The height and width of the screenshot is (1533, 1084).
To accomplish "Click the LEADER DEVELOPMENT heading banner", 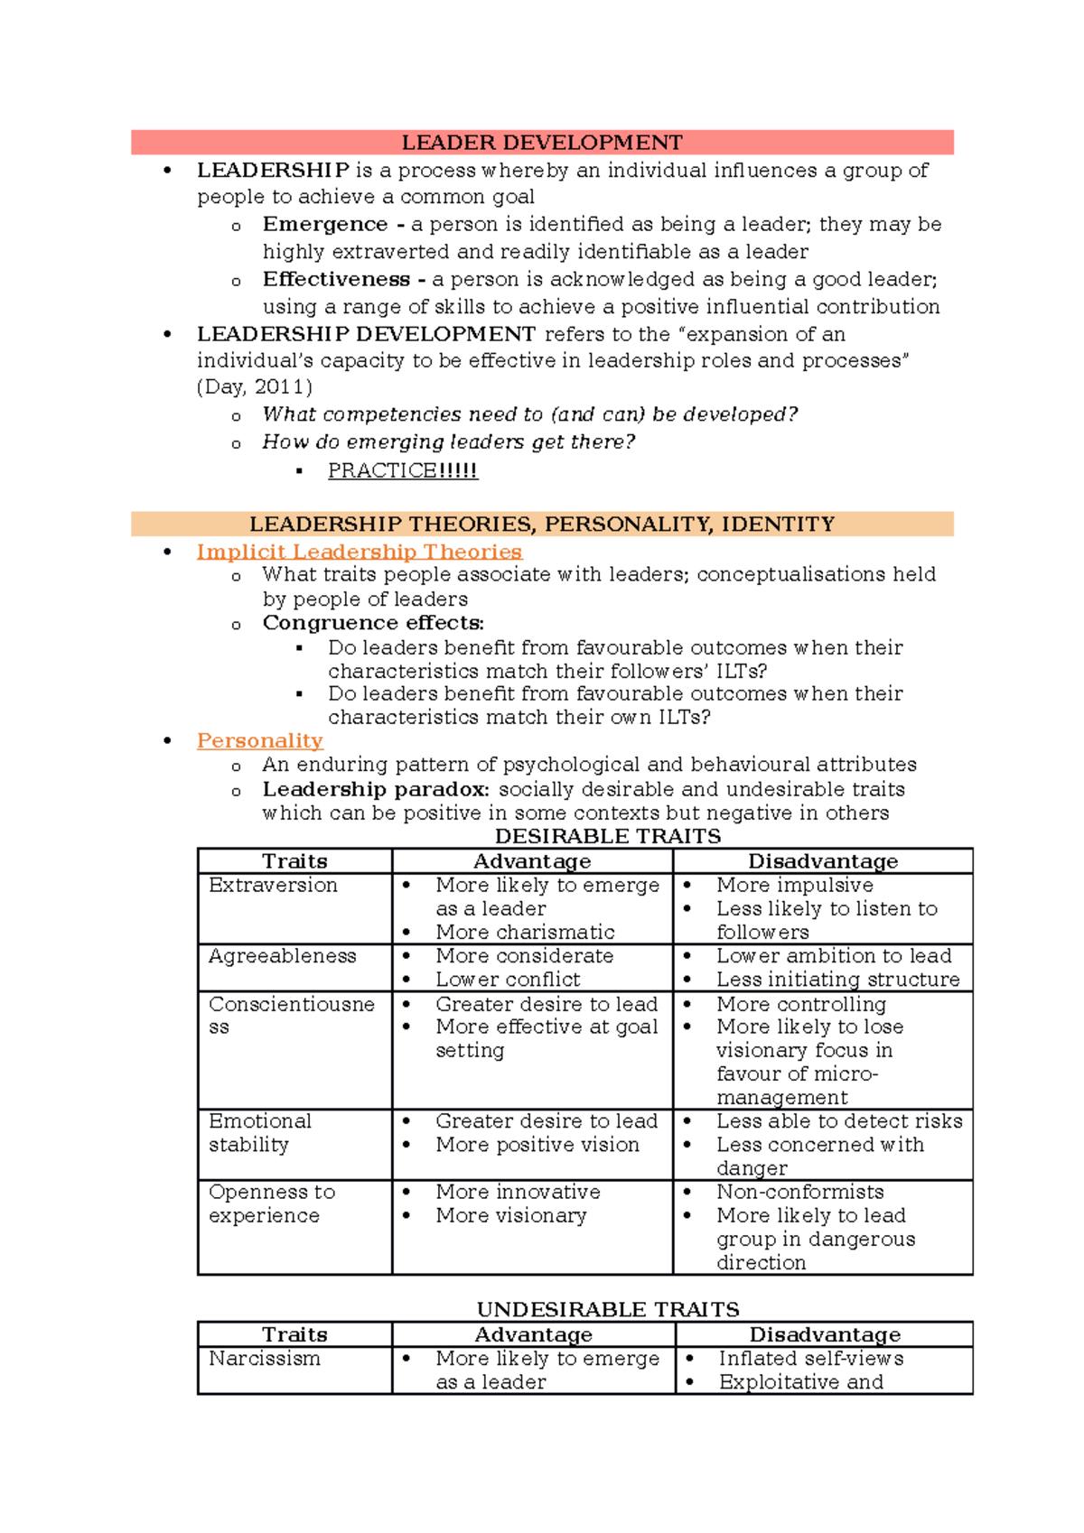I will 542,143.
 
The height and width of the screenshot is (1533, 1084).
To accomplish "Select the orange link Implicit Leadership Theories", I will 359,552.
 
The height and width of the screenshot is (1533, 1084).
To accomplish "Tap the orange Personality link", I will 259,740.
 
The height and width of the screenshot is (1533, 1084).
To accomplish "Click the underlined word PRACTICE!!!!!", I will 402,470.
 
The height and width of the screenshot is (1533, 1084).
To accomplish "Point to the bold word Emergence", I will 325,224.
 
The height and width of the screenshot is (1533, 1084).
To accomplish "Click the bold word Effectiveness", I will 336,279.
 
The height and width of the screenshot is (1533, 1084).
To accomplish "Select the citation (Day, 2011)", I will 255,387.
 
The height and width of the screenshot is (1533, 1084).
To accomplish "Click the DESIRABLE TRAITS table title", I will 607,836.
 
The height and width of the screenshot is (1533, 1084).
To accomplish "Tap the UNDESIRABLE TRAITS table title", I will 607,1309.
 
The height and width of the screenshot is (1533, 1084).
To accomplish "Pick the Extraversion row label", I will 273,885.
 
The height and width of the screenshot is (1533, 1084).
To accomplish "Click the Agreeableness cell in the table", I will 282,955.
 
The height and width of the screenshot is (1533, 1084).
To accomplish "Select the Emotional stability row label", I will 259,1132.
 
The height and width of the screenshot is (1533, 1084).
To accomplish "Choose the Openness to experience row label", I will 271,1203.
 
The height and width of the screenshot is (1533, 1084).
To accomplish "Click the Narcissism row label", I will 264,1358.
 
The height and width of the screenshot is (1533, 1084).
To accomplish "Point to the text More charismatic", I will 525,932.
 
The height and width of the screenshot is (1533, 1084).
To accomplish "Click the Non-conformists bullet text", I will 799,1192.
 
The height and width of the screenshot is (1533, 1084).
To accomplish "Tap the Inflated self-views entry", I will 810,1358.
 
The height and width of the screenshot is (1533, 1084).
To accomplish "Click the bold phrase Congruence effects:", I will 373,623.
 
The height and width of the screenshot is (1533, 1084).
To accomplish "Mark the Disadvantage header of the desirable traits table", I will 822,861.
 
